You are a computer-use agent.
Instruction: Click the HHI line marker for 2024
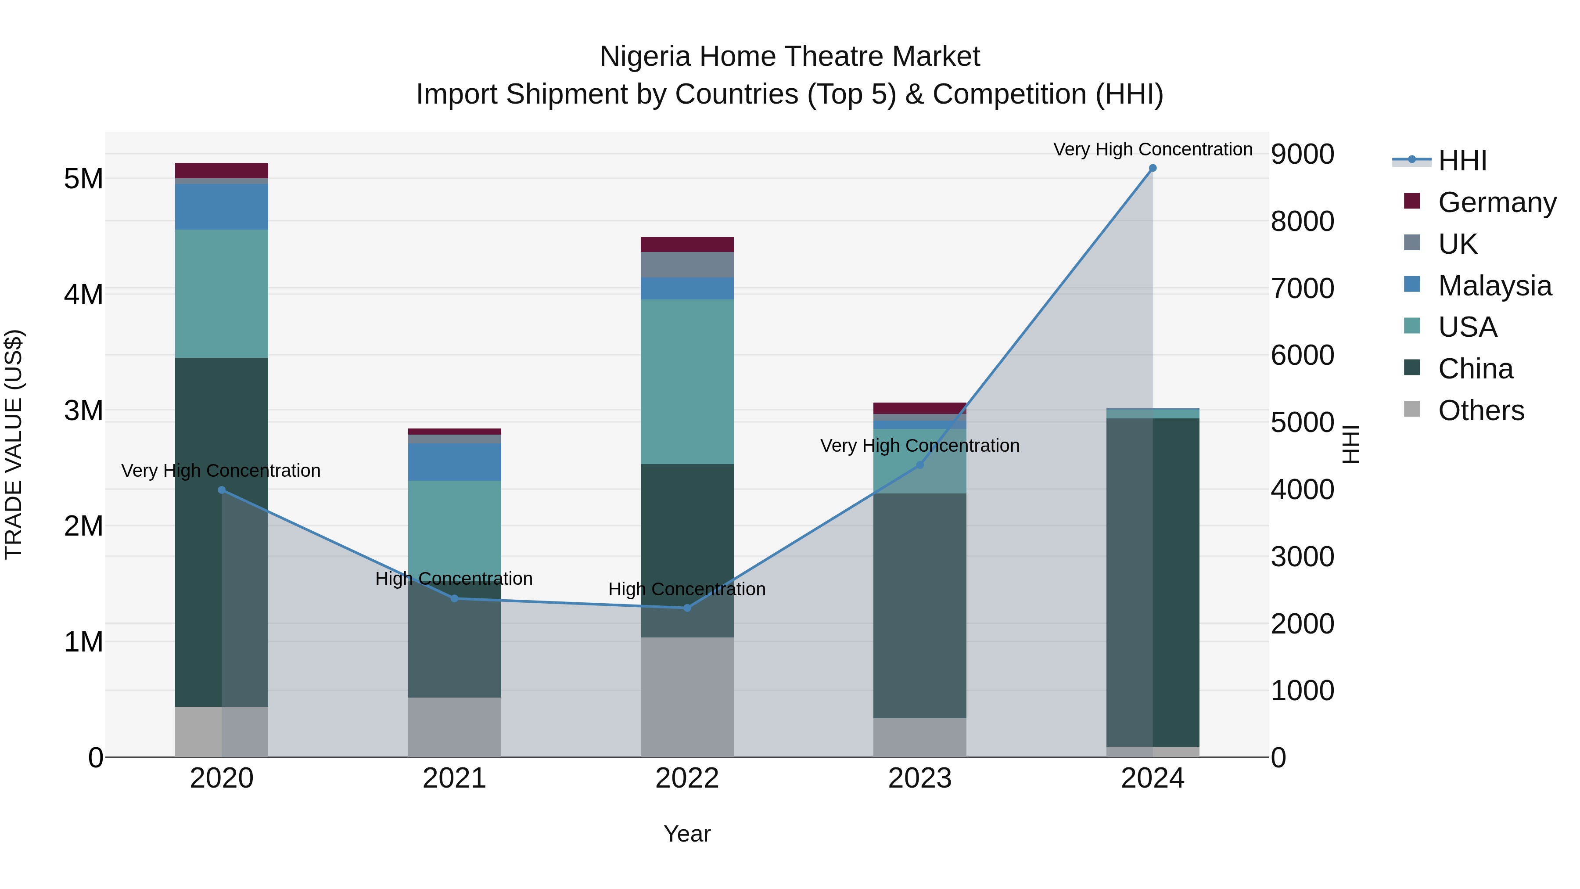pos(1153,168)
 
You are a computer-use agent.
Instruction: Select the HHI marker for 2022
pos(687,608)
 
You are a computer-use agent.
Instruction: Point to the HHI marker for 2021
pos(455,599)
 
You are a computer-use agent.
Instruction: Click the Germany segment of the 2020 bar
pos(222,171)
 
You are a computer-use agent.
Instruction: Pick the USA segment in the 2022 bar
pos(687,382)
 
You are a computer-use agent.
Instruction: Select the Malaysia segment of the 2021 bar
pos(455,462)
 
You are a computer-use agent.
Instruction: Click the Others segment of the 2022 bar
pos(687,697)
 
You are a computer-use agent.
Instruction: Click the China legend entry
pos(1475,369)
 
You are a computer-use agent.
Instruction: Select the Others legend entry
pos(1481,411)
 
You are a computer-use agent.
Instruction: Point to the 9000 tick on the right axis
pos(1302,154)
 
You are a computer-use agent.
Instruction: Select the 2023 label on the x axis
pos(919,778)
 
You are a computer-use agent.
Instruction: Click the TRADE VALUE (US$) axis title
pos(14,444)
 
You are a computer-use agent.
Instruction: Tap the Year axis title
pos(687,834)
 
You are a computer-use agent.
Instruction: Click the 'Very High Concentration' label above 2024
pos(1153,149)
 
